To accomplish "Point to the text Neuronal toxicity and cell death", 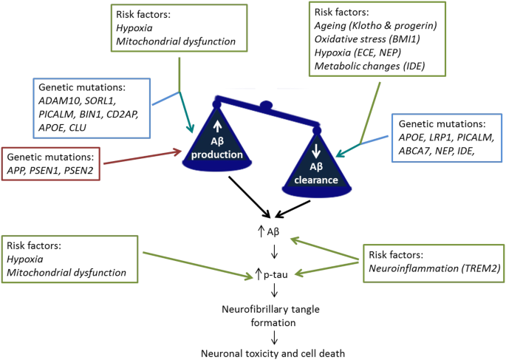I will (275, 353).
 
